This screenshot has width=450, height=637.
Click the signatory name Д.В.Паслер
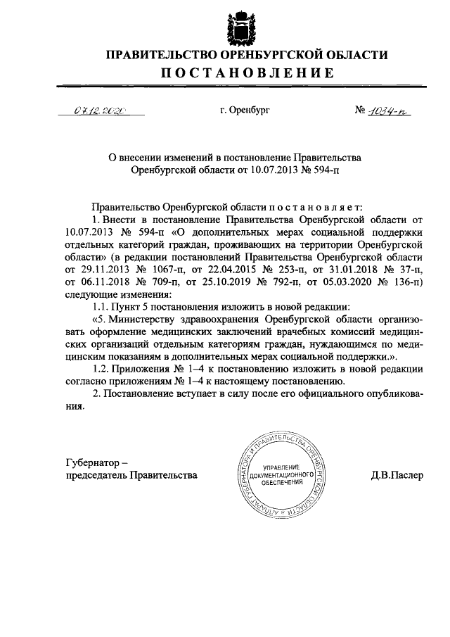point(397,475)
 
